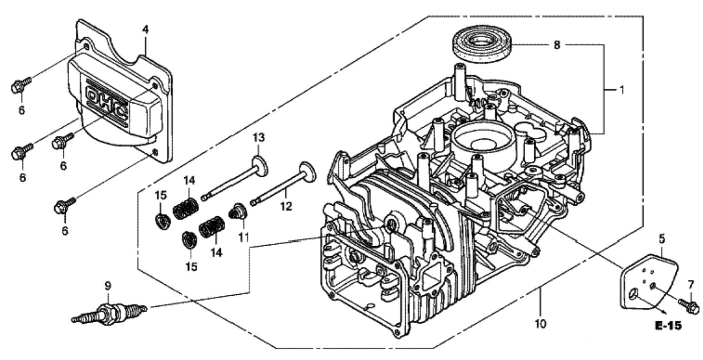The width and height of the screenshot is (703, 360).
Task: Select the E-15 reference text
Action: [x=668, y=325]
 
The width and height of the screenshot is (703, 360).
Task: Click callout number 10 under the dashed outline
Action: [x=540, y=324]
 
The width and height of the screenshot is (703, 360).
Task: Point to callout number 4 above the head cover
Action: [x=145, y=30]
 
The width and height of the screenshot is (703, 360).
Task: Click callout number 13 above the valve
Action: [x=259, y=137]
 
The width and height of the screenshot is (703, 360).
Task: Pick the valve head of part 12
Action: [x=307, y=172]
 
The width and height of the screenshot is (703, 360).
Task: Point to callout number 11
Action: [x=243, y=237]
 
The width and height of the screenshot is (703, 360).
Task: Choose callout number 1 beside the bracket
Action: [x=621, y=90]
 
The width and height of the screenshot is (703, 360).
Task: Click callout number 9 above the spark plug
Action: [x=107, y=286]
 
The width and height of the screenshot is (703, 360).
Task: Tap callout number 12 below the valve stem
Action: [x=286, y=206]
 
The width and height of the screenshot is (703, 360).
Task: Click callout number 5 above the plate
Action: [x=662, y=239]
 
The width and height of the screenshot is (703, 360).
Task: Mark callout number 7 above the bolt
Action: [x=691, y=285]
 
